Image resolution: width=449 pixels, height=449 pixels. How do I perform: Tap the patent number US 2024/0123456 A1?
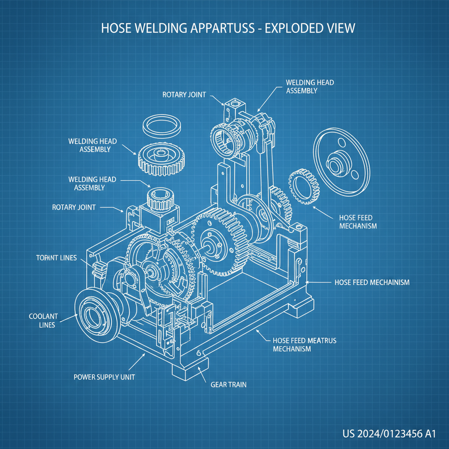pos(389,434)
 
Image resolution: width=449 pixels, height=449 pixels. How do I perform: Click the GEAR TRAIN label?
pos(228,385)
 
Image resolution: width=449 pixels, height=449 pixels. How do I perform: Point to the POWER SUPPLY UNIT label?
pos(104,377)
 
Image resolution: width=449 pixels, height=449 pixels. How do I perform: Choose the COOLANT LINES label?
pos(42,321)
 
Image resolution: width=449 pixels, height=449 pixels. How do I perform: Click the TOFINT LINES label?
pos(56,258)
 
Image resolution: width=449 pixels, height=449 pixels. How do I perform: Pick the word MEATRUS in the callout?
pos(322,340)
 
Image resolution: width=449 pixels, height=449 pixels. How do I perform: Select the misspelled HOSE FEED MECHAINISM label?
pos(372,282)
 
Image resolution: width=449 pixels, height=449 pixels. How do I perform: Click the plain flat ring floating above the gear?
pos(163,126)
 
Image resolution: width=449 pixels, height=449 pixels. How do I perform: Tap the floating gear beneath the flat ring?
pos(160,159)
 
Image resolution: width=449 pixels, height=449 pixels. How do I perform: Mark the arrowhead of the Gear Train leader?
pos(200,367)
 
